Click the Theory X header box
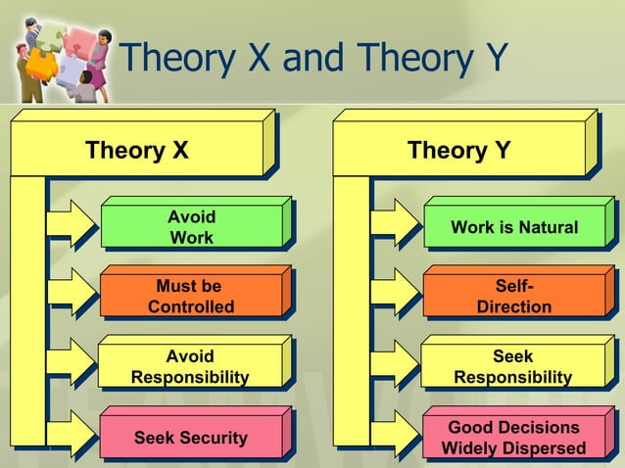click(x=137, y=152)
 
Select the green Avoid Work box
click(x=191, y=227)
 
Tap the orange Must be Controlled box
click(x=191, y=297)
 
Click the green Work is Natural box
click(x=513, y=228)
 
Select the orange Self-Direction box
click(x=513, y=297)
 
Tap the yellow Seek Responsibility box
click(x=513, y=367)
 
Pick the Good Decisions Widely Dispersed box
click(x=513, y=438)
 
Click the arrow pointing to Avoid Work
click(x=72, y=227)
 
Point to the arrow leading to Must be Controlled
click(x=72, y=297)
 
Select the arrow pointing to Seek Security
click(x=72, y=437)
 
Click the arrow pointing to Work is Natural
click(x=395, y=227)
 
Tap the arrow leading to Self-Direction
click(x=395, y=297)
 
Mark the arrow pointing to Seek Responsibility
click(x=395, y=367)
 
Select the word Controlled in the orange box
click(x=191, y=307)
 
